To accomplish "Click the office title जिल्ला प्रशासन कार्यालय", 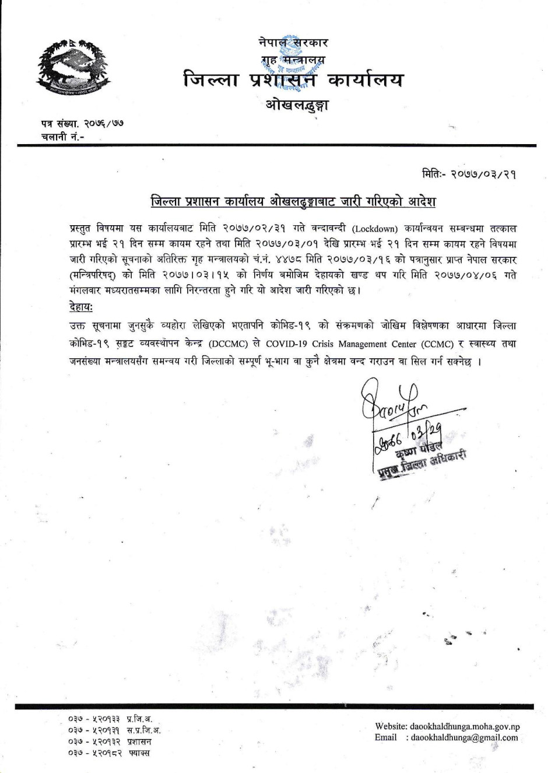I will point(292,80).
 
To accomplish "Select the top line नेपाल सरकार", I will point(293,42).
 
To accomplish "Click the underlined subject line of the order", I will point(293,202).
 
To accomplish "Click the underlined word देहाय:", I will point(80,307).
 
